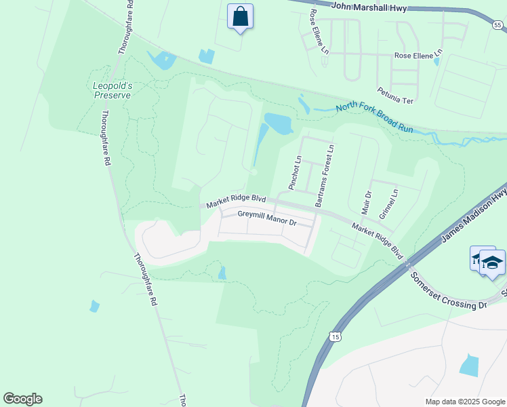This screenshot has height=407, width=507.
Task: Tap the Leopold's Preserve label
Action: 112,90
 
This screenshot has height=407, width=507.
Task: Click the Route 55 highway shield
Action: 498,25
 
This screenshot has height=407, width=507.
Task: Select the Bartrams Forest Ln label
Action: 323,176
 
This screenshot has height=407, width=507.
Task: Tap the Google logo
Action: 22,399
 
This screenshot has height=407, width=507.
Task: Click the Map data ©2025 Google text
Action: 464,402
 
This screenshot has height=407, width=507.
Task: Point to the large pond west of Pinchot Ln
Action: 278,123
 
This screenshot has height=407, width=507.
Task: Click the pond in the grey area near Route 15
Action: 469,365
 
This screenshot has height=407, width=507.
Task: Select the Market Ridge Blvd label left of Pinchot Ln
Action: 236,201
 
